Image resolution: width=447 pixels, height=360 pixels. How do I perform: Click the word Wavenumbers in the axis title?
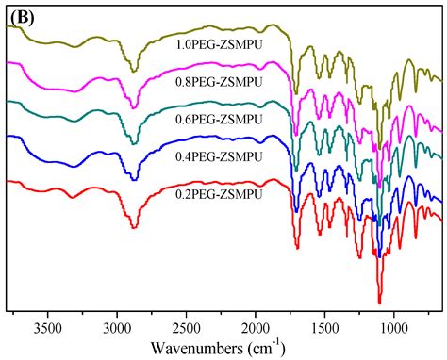click(x=204, y=346)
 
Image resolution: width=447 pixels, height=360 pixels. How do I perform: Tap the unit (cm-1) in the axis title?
click(x=273, y=345)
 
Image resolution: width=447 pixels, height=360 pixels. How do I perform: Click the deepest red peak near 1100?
click(x=380, y=303)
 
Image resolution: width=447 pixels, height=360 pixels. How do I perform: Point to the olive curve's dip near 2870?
click(x=134, y=72)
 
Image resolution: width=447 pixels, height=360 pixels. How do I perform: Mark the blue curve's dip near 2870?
click(x=134, y=179)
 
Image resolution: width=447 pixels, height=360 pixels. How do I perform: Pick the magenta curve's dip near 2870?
click(x=134, y=106)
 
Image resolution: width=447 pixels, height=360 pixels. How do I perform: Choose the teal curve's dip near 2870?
click(x=134, y=144)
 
